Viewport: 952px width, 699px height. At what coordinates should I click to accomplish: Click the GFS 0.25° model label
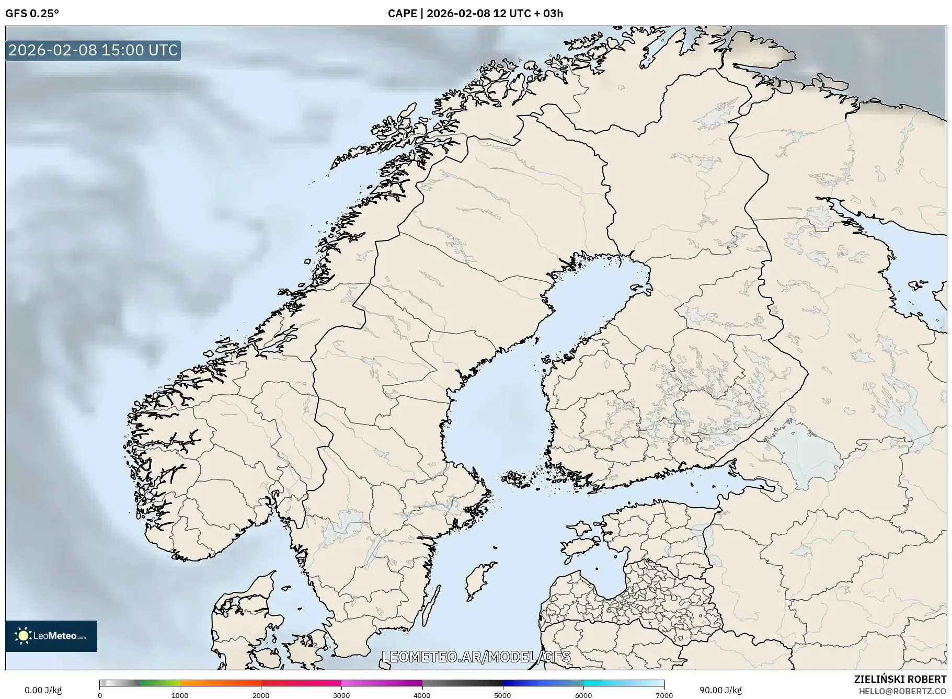click(32, 14)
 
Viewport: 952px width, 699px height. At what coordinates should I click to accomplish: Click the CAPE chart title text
click(475, 14)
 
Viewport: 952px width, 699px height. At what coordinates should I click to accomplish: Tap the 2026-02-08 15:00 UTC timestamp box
click(93, 50)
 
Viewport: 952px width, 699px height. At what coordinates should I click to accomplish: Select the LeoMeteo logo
click(51, 636)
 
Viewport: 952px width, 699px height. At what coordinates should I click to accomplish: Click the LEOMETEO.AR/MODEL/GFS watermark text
click(476, 657)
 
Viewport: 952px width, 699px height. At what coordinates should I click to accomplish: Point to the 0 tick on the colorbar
click(100, 695)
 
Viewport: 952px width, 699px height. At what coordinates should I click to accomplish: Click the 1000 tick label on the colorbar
click(180, 695)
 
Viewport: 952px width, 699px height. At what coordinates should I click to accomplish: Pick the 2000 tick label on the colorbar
click(261, 695)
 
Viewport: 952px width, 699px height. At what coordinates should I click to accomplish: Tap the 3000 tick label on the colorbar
click(341, 695)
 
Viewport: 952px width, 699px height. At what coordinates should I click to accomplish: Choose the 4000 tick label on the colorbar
click(422, 695)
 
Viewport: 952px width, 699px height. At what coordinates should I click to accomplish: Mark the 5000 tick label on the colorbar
click(503, 695)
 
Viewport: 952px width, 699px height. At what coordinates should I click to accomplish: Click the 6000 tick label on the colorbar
click(583, 695)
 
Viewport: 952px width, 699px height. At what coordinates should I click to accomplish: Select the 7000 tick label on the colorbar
click(664, 695)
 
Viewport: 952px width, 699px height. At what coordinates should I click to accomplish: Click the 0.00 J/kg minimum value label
click(43, 690)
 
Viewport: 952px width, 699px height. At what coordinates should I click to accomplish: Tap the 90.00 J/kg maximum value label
click(720, 690)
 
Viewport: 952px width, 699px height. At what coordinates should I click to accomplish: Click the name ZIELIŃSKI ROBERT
click(900, 679)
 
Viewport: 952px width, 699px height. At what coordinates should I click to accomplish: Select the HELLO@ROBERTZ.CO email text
click(902, 691)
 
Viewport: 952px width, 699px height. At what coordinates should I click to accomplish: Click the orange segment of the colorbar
click(220, 683)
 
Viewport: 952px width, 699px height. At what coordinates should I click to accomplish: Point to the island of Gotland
click(480, 581)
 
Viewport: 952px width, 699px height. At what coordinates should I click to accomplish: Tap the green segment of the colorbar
click(159, 683)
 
